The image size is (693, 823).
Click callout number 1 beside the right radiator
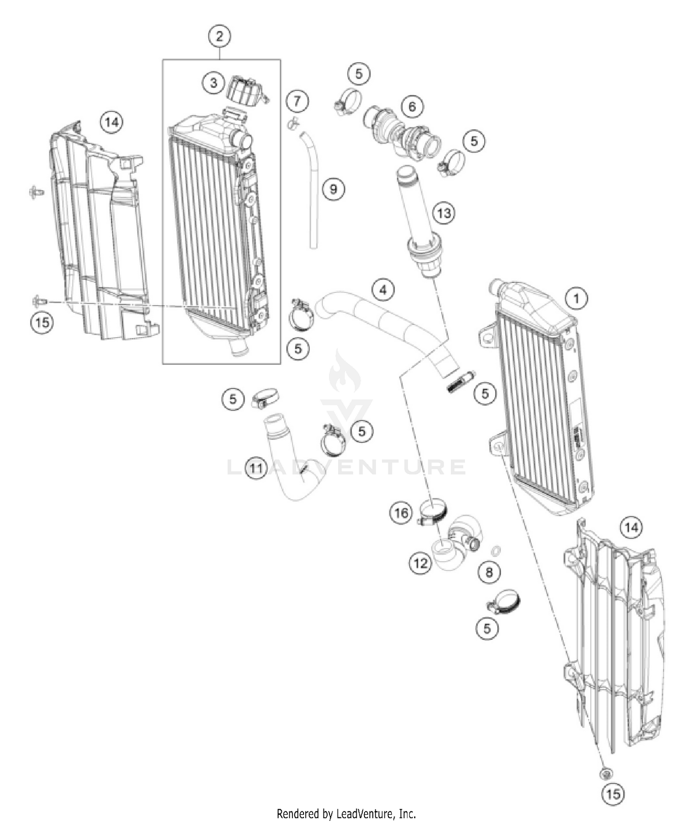(x=576, y=298)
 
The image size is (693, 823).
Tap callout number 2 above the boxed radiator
(x=219, y=36)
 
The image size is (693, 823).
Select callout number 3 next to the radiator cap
(x=213, y=83)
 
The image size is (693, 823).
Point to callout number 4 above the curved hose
(x=383, y=290)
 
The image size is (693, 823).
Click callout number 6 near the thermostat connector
(x=412, y=107)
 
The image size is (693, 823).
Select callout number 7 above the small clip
(x=297, y=100)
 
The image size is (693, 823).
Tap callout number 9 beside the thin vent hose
(x=333, y=189)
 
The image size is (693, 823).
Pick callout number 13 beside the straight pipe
(x=444, y=213)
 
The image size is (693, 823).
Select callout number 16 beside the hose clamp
(x=401, y=513)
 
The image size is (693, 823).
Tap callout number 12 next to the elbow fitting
(x=420, y=563)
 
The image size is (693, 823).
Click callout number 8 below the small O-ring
(x=489, y=573)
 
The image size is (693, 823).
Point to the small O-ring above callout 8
(x=495, y=550)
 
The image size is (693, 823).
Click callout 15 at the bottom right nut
(x=613, y=793)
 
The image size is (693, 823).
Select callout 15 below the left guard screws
(x=42, y=322)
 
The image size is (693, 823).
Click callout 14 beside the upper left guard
(x=111, y=122)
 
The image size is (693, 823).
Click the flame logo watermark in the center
(x=344, y=372)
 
